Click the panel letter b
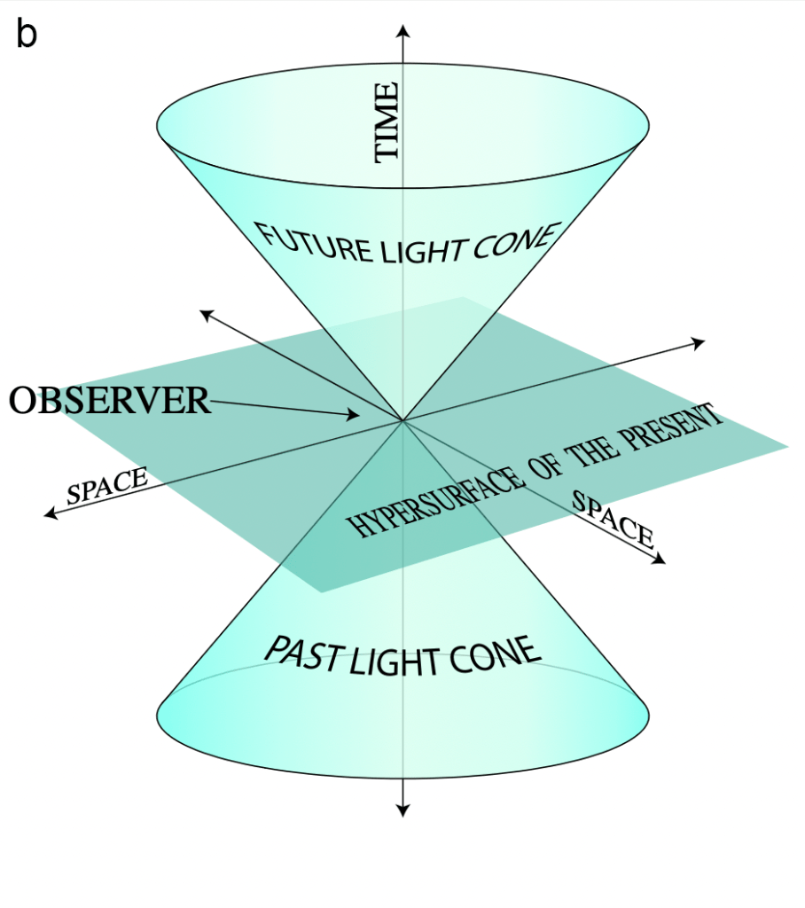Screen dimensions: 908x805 pyautogui.click(x=27, y=35)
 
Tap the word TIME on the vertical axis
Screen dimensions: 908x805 pyautogui.click(x=387, y=121)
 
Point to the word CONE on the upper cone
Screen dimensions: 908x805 pyautogui.click(x=515, y=241)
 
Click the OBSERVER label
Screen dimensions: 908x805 pyautogui.click(x=110, y=401)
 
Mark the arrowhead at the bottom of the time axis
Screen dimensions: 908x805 pyautogui.click(x=403, y=810)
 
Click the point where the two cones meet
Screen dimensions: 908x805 pyautogui.click(x=403, y=420)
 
